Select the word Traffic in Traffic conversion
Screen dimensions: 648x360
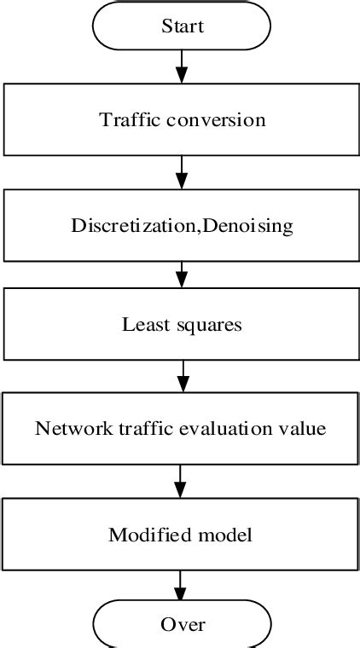click(x=125, y=119)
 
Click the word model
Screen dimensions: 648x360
click(x=224, y=535)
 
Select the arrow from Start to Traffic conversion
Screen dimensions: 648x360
click(x=181, y=65)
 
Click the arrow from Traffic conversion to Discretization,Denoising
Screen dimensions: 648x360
click(x=181, y=171)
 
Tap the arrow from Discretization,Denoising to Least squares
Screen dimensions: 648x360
click(x=181, y=275)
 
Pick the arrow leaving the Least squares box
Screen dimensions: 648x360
click(x=181, y=378)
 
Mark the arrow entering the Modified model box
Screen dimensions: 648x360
click(x=181, y=483)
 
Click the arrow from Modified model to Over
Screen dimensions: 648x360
click(x=181, y=587)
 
